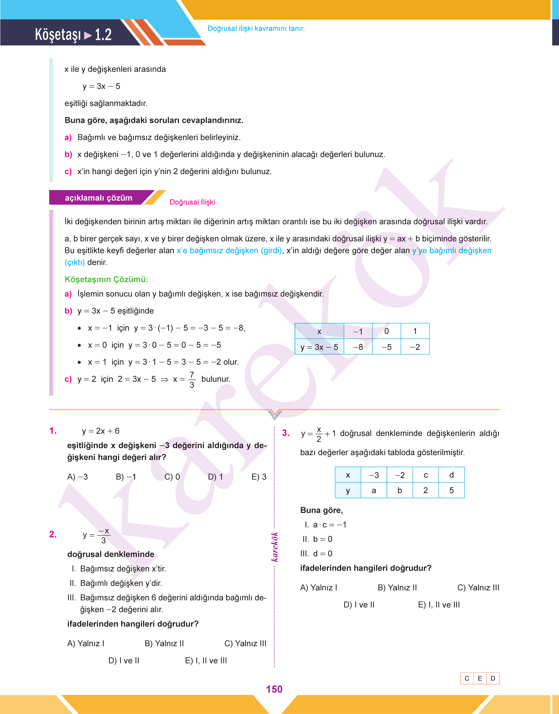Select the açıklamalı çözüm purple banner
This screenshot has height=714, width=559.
98,198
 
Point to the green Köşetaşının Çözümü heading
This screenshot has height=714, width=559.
106,279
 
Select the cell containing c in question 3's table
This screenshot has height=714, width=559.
425,475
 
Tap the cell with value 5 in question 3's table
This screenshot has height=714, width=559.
451,490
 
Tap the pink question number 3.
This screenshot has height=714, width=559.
286,433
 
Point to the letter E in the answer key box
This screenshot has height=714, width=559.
480,678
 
